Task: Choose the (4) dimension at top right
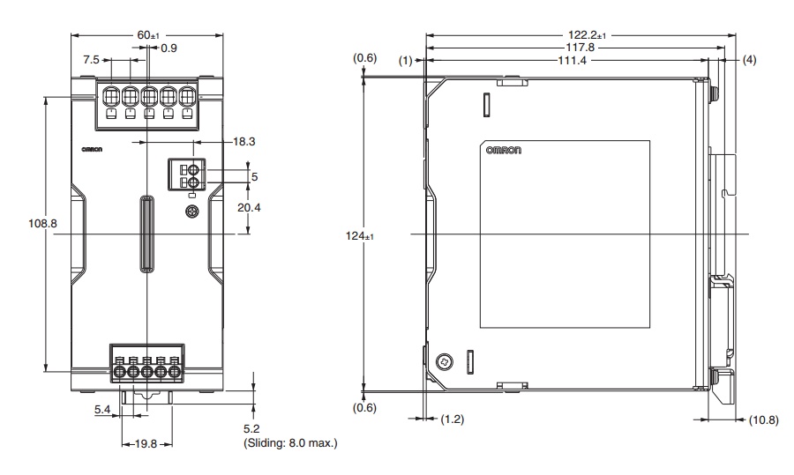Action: [749, 61]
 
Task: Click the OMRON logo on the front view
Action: [92, 150]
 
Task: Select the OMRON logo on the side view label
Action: [503, 151]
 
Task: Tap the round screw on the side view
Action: [445, 360]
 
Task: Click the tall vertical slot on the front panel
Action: [146, 234]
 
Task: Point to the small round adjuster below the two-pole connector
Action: [190, 212]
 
